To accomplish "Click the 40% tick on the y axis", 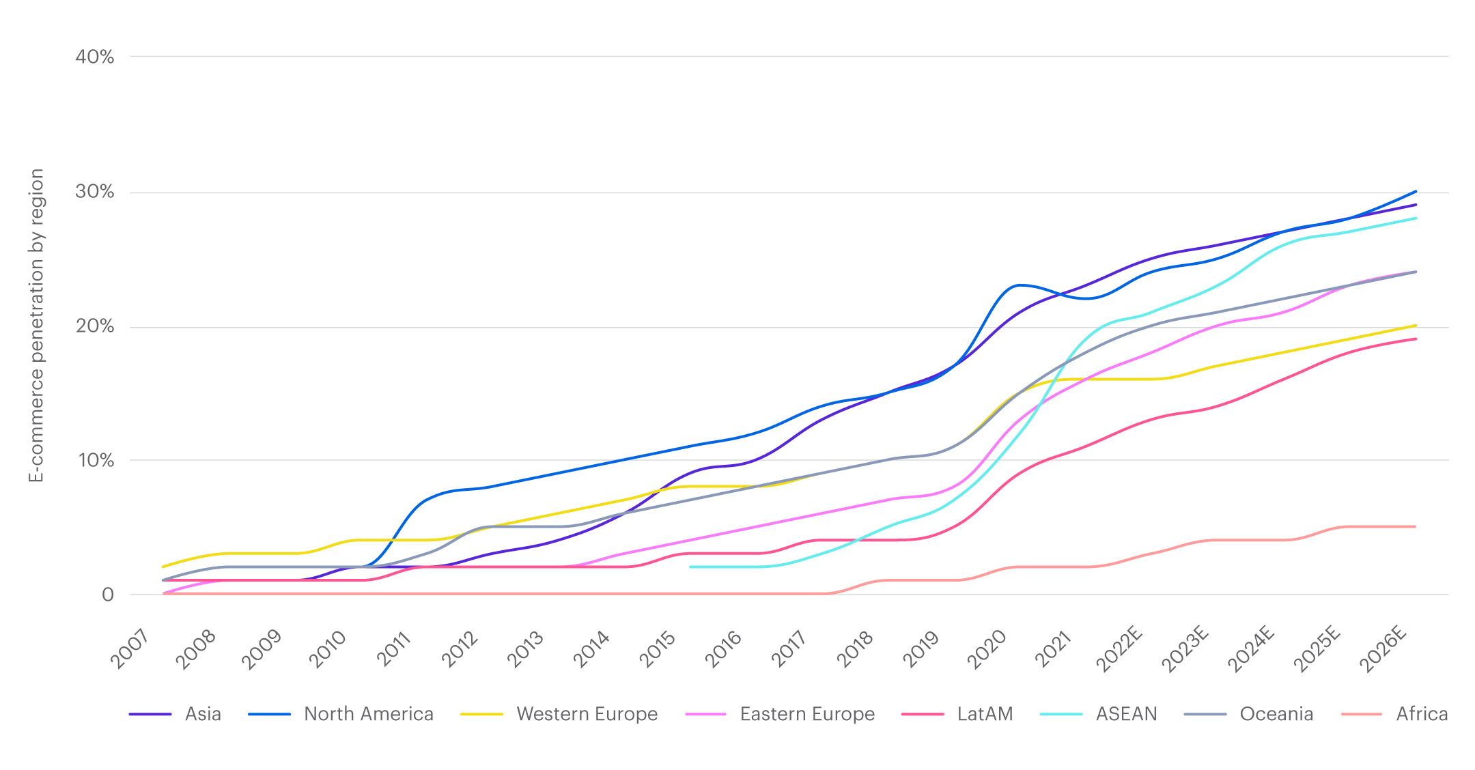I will click(x=94, y=57).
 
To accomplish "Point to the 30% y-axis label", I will click(x=94, y=191).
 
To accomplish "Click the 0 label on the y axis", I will click(x=107, y=595).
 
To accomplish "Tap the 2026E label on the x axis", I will click(x=1382, y=650).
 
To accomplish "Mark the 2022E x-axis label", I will click(x=1120, y=650).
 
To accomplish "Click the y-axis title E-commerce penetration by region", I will click(x=36, y=325).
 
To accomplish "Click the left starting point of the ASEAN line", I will click(x=691, y=567).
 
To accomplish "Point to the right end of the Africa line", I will click(x=1415, y=526).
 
